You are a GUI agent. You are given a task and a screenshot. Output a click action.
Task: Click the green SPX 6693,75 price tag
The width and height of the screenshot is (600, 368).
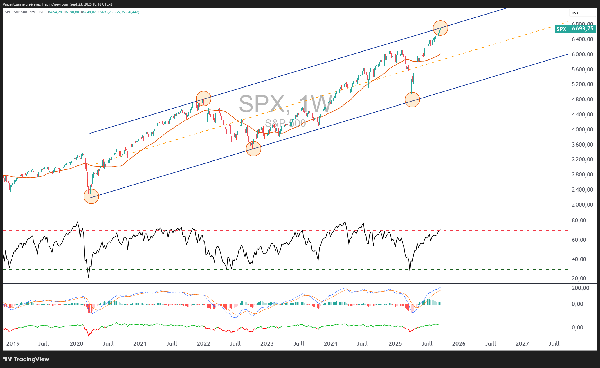tap(575, 29)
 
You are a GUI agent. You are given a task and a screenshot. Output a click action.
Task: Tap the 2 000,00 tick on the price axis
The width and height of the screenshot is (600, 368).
tap(582, 205)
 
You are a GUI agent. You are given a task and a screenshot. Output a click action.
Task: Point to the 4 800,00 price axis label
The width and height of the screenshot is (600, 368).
tap(582, 99)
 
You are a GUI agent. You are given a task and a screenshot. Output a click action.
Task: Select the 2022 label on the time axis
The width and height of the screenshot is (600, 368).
tap(203, 344)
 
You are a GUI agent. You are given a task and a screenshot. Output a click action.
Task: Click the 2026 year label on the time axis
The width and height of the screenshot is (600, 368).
tap(459, 344)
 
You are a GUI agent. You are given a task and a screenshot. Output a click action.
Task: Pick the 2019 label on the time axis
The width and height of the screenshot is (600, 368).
tap(13, 344)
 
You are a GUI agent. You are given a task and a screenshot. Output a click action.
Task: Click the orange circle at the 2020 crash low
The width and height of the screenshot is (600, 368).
tap(91, 196)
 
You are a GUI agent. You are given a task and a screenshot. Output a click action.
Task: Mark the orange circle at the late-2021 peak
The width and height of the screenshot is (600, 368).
tap(203, 98)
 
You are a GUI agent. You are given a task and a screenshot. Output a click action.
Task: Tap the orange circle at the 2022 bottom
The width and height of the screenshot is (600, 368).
tap(253, 149)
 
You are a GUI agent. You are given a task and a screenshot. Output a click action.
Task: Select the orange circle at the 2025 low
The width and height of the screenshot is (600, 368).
tap(412, 100)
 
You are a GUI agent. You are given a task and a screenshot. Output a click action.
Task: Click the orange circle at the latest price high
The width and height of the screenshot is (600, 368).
tap(440, 28)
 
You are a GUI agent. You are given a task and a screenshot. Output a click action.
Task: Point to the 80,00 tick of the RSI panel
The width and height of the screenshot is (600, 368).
tap(579, 220)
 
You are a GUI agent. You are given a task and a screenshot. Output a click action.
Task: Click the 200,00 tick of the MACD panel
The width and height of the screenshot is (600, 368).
tap(580, 288)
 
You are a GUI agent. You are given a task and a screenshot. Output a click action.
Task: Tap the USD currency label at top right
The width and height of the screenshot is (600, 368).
tap(575, 13)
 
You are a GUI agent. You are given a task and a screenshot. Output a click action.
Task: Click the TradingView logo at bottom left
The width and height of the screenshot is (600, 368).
tap(27, 359)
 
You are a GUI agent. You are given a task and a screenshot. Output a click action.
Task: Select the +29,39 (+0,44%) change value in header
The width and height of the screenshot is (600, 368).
tap(127, 12)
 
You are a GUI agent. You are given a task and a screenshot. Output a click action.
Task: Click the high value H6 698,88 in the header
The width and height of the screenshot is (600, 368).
tap(71, 12)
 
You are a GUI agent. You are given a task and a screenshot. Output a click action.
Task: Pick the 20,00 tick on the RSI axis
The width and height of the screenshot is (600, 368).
tap(579, 278)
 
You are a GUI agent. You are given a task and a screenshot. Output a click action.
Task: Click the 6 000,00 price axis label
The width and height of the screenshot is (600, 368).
tap(582, 54)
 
